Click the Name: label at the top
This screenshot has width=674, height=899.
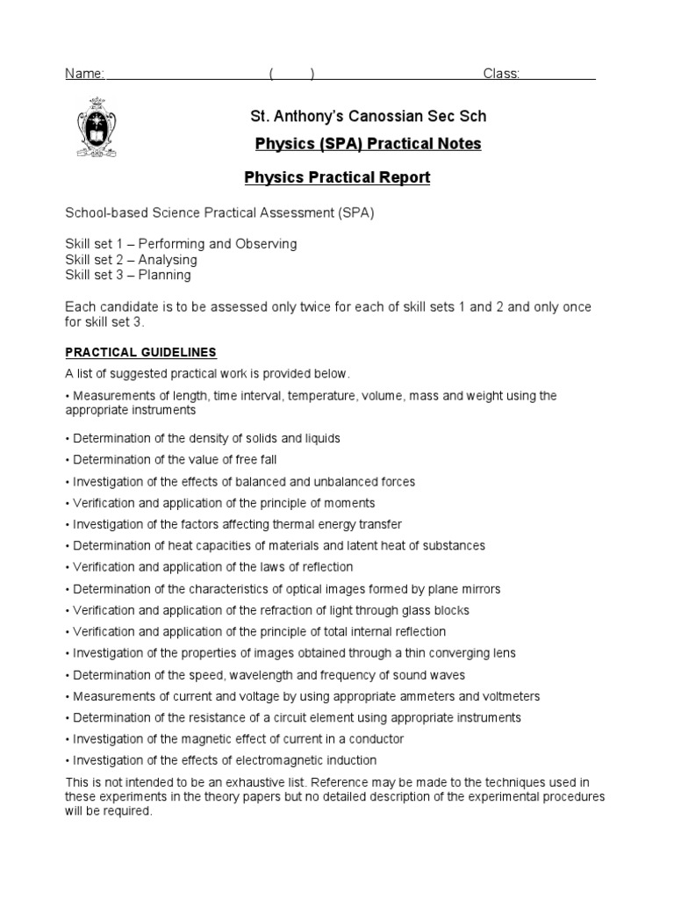[85, 74]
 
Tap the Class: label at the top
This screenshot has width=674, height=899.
[502, 74]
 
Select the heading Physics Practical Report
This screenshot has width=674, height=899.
[337, 177]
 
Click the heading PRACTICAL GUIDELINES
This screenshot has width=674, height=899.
[140, 353]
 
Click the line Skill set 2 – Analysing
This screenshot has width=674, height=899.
[131, 260]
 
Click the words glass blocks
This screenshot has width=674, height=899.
[435, 610]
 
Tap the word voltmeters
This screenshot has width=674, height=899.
[509, 696]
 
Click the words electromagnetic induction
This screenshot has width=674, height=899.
[313, 760]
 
